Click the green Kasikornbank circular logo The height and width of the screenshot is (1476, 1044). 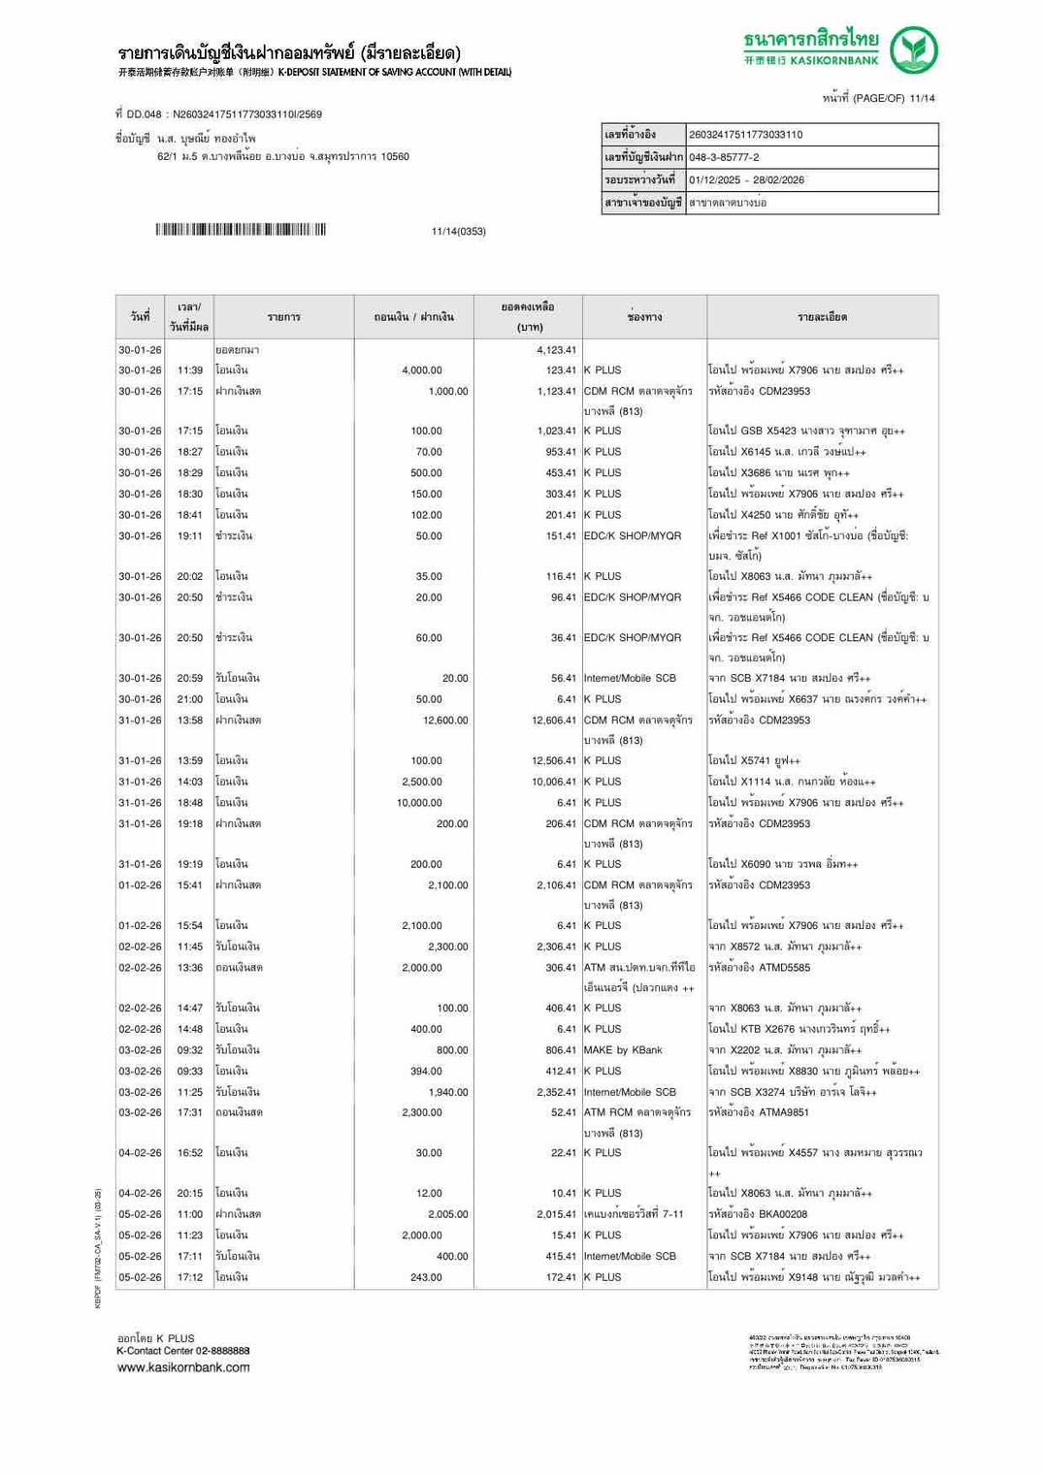point(913,50)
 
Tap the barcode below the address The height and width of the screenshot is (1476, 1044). point(241,230)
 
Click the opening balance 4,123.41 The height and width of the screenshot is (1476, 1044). point(556,350)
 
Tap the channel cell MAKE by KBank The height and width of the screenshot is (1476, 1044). point(623,1050)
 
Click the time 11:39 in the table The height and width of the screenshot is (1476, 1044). point(190,370)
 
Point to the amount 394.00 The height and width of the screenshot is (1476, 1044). point(426,1072)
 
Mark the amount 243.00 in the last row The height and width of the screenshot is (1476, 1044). point(426,1277)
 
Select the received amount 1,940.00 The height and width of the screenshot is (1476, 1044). point(447,1092)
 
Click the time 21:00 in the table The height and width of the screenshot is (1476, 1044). point(190,699)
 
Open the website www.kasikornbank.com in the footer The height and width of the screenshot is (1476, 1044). point(182,1367)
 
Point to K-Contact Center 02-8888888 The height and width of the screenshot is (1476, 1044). point(182,1351)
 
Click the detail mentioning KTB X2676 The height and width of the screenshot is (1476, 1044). point(799,1029)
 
